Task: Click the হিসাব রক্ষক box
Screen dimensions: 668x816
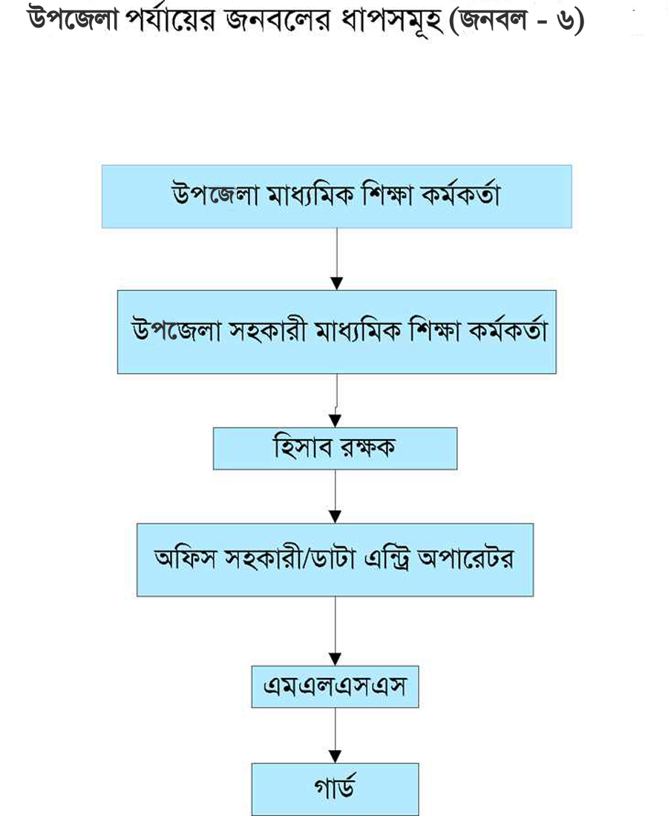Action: [x=335, y=449]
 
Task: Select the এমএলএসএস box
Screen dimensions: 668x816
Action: [x=335, y=686]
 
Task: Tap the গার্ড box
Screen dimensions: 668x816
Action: [x=335, y=789]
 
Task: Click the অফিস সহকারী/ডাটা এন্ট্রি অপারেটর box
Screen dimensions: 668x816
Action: [x=335, y=560]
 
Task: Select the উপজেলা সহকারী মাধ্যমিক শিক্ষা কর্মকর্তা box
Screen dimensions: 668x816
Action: [x=336, y=332]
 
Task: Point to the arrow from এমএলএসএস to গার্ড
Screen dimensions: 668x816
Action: [x=335, y=735]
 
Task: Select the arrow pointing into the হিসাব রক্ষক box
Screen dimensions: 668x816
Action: [x=335, y=401]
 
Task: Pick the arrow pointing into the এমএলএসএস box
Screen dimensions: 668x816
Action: [x=335, y=631]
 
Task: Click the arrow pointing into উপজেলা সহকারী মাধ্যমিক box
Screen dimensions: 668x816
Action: [x=336, y=259]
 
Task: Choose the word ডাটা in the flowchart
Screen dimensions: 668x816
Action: [x=331, y=559]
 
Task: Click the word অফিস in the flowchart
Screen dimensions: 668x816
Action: [x=185, y=558]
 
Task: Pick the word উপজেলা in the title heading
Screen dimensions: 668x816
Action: [x=73, y=20]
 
